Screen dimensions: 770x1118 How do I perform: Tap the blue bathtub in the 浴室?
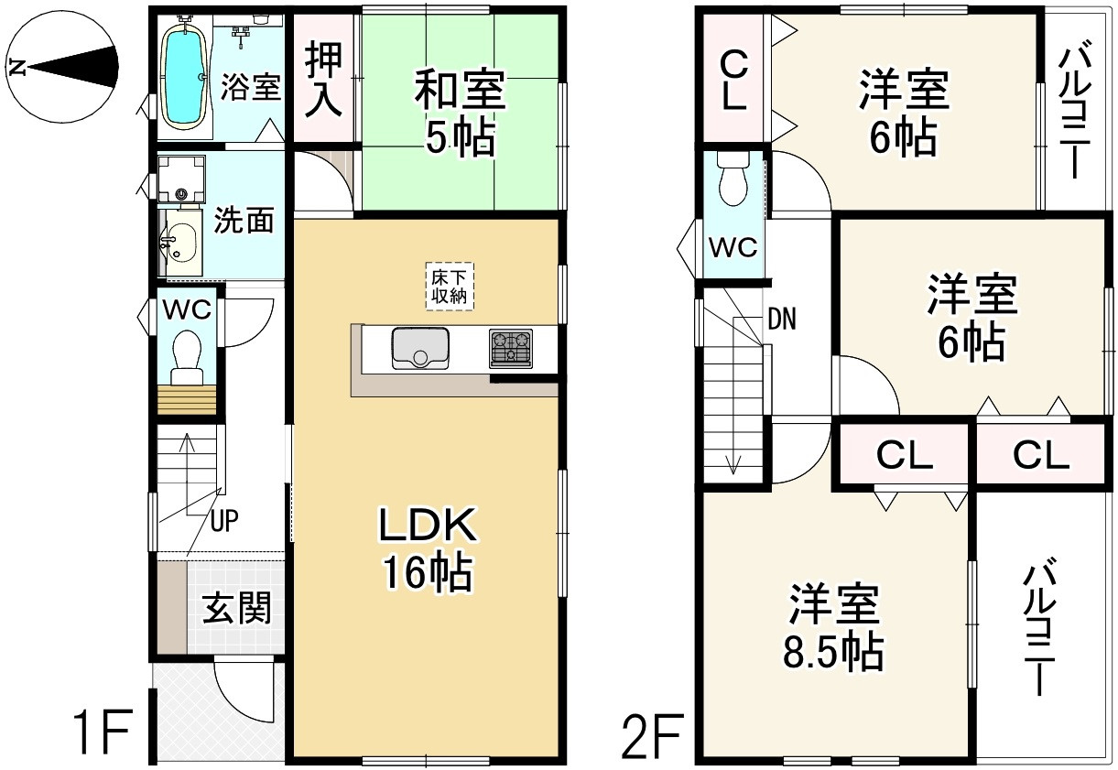click(183, 73)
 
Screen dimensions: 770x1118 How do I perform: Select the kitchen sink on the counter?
click(420, 348)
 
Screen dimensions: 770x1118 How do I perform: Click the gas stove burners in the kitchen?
click(511, 349)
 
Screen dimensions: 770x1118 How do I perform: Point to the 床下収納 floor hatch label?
click(450, 286)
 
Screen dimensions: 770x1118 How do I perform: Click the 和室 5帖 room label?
click(459, 114)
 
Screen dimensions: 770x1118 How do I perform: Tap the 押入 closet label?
click(323, 80)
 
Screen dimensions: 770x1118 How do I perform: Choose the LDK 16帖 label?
click(427, 548)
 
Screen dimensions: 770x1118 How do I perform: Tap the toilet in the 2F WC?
click(733, 181)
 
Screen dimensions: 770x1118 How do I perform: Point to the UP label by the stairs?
click(224, 522)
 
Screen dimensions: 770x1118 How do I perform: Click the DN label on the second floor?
click(781, 320)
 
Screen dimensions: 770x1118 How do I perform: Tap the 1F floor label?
click(103, 733)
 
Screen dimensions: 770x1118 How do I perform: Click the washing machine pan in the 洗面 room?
click(180, 179)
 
